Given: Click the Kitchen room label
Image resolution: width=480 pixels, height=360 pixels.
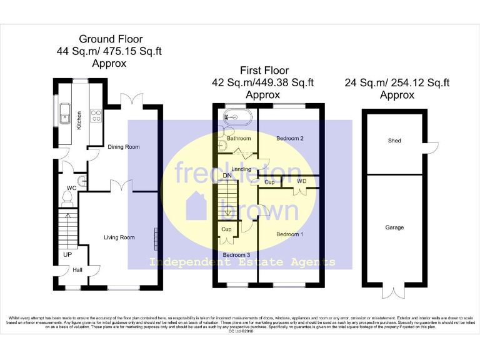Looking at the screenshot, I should click(79, 120).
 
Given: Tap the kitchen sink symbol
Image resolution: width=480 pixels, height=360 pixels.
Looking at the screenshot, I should click(64, 115).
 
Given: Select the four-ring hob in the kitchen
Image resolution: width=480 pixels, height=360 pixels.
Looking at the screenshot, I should click(97, 115).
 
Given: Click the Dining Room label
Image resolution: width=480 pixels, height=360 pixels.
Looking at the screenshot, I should click(124, 147).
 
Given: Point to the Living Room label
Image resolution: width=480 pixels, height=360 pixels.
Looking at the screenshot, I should click(119, 237).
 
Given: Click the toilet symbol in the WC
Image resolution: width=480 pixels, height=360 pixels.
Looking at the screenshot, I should click(68, 198).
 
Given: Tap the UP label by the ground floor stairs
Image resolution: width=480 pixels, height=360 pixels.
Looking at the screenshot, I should click(66, 254).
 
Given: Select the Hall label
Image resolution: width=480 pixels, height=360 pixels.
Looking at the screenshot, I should click(77, 269).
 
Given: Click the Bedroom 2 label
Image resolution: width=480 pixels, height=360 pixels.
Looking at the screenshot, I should click(289, 138).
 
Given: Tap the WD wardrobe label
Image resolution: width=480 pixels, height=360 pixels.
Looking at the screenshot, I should click(302, 182).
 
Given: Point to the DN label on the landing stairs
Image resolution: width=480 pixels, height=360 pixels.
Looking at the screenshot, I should click(227, 176).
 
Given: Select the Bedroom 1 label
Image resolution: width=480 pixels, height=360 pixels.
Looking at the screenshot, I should click(289, 234).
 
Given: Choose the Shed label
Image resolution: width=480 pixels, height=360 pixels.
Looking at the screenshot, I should click(394, 141).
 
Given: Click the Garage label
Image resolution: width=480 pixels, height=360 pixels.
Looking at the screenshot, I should click(394, 227).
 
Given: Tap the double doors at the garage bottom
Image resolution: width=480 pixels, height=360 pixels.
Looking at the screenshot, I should click(394, 291).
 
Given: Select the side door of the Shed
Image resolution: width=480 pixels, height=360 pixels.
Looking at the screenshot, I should click(431, 147).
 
